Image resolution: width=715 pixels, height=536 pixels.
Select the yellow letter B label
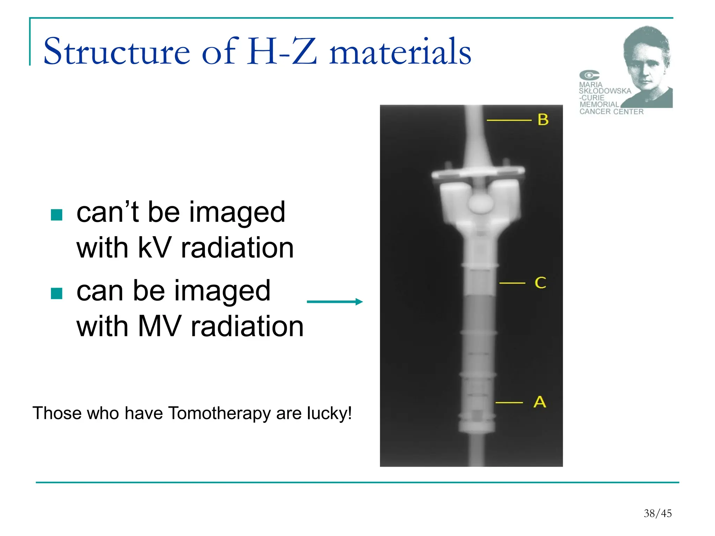[x=543, y=120]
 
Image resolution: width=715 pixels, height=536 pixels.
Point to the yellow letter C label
[x=540, y=283]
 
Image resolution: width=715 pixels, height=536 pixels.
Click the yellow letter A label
[x=539, y=402]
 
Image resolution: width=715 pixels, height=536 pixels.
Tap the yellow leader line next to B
[x=509, y=120]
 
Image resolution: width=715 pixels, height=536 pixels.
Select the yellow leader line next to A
[x=509, y=403]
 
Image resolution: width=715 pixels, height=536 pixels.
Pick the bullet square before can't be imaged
[x=57, y=215]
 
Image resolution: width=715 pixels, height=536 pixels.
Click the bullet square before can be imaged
[x=57, y=293]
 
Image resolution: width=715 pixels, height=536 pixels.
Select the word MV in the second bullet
[x=160, y=326]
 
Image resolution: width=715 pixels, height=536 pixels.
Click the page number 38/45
[x=657, y=513]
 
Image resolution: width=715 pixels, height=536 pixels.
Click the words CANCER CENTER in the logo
[x=611, y=112]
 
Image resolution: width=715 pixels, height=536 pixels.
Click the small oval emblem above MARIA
[x=589, y=75]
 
